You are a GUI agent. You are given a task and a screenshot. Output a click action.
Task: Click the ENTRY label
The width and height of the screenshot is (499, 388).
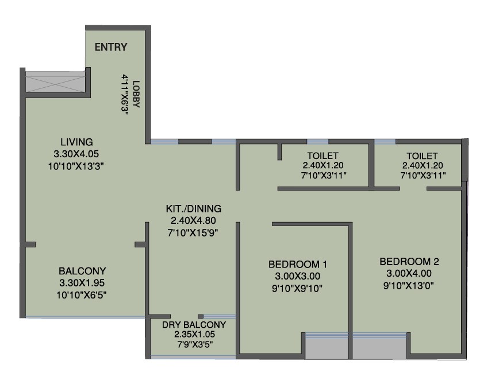(111, 47)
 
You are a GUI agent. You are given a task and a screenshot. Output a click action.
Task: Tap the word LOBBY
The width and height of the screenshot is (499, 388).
(136, 94)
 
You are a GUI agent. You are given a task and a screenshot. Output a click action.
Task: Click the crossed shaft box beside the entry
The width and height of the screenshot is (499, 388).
(55, 82)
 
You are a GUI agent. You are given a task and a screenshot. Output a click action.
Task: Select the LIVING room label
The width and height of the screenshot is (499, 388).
(76, 142)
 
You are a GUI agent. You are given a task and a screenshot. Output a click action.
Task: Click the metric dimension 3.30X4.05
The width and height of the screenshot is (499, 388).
(76, 154)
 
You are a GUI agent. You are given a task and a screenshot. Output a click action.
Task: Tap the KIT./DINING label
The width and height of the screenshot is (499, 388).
(194, 209)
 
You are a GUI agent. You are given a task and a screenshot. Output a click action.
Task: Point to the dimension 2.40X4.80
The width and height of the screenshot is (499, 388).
(193, 220)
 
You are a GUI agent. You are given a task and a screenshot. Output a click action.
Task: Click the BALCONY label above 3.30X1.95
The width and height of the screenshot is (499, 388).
(82, 271)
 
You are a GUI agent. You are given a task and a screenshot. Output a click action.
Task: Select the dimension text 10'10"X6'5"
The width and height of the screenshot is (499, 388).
(82, 295)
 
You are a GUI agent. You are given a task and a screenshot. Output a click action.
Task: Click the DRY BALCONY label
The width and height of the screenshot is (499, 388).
(194, 325)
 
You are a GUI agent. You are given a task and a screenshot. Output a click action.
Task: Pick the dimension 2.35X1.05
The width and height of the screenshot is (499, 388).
(194, 334)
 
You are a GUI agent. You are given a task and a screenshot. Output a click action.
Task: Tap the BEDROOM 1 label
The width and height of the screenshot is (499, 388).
(298, 264)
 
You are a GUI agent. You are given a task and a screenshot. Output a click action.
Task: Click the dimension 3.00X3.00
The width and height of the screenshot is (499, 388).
(298, 276)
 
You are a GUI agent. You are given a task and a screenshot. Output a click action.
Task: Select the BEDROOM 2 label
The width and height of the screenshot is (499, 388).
(409, 262)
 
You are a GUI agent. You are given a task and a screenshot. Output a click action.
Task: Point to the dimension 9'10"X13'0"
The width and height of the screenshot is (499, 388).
(409, 286)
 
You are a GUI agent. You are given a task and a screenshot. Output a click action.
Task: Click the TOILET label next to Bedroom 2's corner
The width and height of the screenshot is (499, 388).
(422, 156)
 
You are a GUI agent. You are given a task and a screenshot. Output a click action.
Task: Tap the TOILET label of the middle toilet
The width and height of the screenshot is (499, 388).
(323, 156)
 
